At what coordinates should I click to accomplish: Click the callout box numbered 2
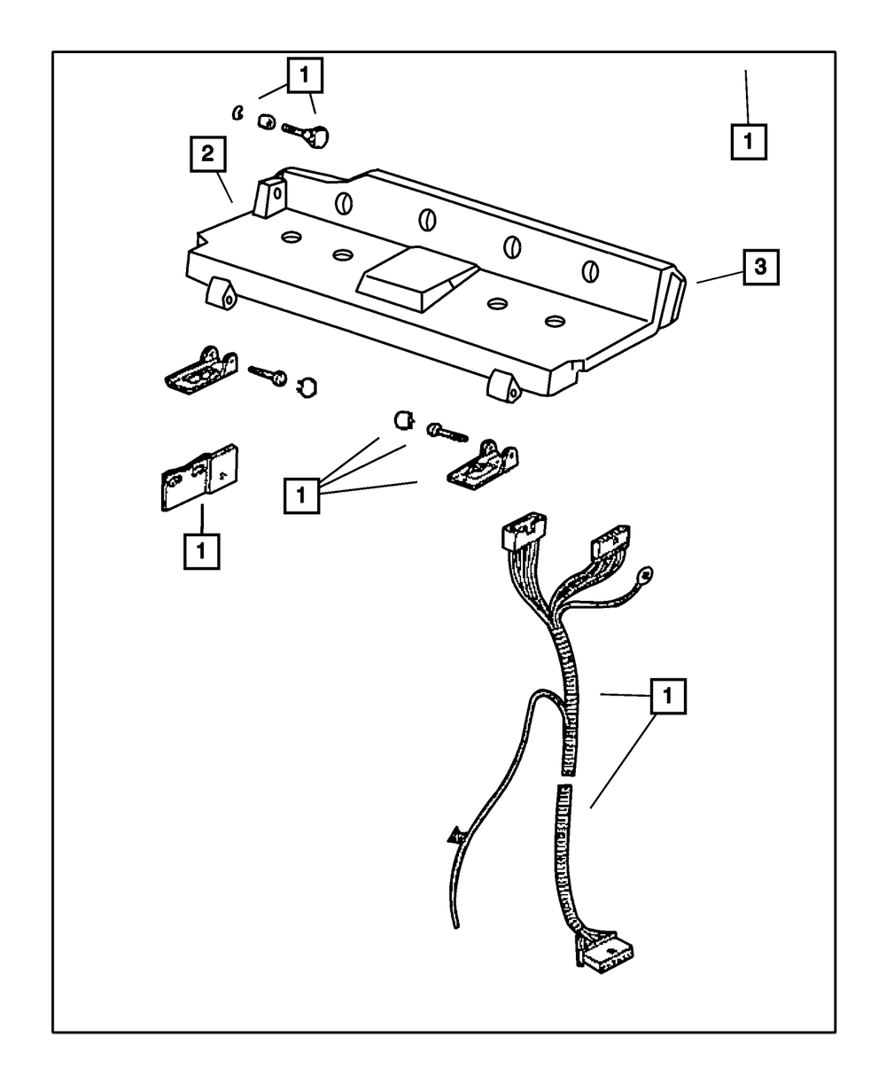[206, 156]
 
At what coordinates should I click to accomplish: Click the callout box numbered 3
[761, 266]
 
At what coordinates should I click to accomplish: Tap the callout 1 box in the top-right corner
[749, 141]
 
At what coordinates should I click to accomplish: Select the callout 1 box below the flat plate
[202, 550]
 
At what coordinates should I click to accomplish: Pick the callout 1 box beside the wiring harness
[669, 697]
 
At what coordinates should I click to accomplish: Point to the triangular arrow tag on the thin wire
[456, 835]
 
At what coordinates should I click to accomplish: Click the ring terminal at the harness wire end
[647, 574]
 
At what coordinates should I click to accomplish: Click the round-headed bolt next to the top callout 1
[307, 135]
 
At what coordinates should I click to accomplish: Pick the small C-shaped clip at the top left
[237, 112]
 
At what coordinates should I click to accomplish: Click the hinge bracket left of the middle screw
[202, 370]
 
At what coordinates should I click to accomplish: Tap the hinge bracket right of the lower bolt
[483, 464]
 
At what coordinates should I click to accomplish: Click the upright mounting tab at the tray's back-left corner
[270, 196]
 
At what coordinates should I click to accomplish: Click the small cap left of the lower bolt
[403, 417]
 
